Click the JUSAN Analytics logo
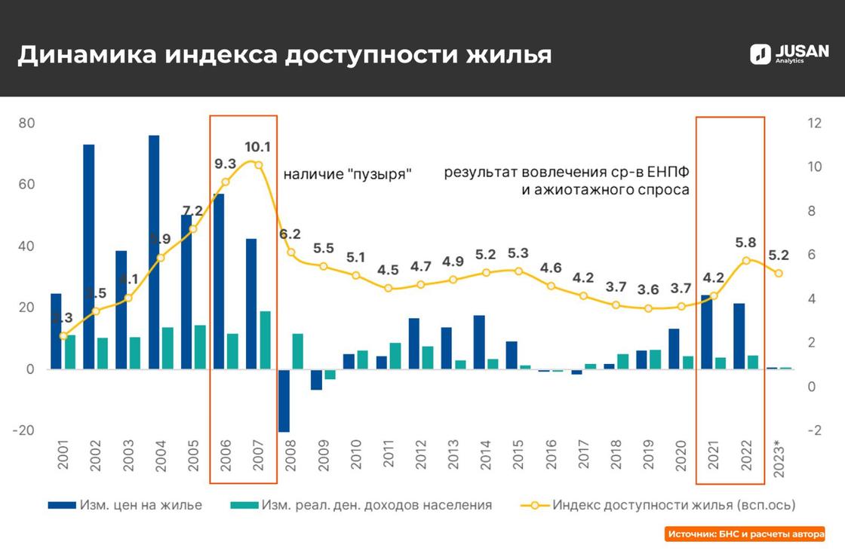pyautogui.click(x=788, y=54)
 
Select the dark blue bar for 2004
pyautogui.click(x=154, y=252)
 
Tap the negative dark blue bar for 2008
pyautogui.click(x=284, y=400)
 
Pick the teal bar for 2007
pyautogui.click(x=265, y=340)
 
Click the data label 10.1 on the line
pyautogui.click(x=257, y=147)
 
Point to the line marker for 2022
pyautogui.click(x=746, y=260)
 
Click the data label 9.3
pyautogui.click(x=225, y=164)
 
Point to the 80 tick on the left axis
pyautogui.click(x=26, y=124)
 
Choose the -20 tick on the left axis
pyautogui.click(x=23, y=430)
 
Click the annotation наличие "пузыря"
pyautogui.click(x=347, y=174)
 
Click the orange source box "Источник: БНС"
pyautogui.click(x=744, y=534)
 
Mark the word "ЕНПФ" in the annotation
pyautogui.click(x=668, y=172)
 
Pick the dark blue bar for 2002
pyautogui.click(x=88, y=256)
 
